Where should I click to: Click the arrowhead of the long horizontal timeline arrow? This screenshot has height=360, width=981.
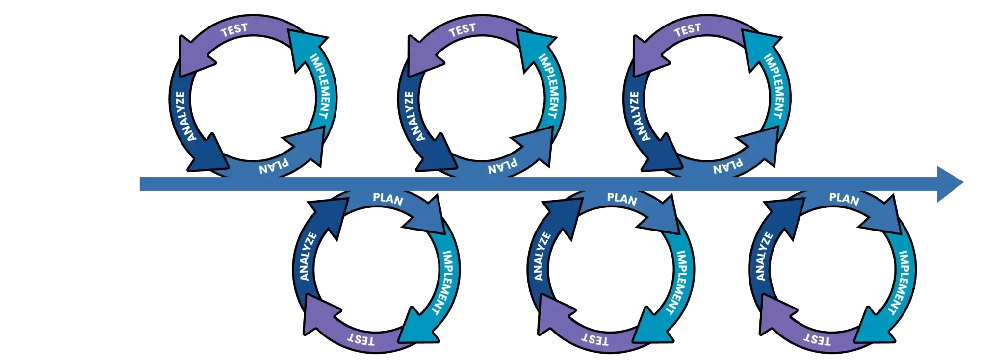click(949, 183)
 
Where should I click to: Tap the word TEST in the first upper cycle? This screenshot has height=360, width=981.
click(234, 30)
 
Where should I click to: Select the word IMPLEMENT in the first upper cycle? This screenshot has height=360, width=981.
click(319, 86)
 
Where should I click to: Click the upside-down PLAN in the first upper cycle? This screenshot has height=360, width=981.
click(274, 166)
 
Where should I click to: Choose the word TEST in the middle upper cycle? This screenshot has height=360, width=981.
click(462, 30)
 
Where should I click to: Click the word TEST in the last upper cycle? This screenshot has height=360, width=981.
click(687, 30)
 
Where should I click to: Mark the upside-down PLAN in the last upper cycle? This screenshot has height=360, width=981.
click(728, 166)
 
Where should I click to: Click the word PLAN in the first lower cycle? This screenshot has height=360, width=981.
click(387, 199)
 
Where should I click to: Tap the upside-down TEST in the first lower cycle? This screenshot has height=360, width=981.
click(361, 339)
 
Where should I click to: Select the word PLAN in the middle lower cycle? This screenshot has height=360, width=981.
click(622, 199)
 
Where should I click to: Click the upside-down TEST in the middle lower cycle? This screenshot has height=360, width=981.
click(595, 339)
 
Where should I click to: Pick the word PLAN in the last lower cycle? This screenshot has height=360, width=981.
click(844, 199)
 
